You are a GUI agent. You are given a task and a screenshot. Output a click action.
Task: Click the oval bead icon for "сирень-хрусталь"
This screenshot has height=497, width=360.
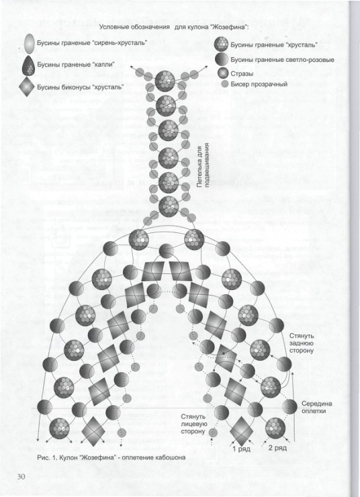pos(30,44)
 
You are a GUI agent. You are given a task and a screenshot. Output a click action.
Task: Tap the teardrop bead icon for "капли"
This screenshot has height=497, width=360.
pos(29,65)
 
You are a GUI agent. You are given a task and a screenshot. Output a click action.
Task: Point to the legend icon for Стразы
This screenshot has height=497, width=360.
pos(223,73)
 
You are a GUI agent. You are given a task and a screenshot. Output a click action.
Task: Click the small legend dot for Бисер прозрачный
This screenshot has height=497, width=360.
pos(225,84)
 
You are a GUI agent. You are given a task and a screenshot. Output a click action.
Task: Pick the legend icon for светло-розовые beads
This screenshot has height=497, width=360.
pos(222,59)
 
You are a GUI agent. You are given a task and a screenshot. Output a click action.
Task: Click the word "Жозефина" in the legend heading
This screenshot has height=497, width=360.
pos(228,27)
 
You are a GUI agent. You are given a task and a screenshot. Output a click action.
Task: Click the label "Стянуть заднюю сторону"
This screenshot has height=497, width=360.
pos(302,343)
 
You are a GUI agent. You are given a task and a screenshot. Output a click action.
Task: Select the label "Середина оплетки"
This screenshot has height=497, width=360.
pos(316,407)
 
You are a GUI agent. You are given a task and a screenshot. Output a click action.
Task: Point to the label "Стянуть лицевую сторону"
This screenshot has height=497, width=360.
pos(194,424)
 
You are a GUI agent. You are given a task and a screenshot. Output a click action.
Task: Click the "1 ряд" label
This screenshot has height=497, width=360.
pos(241,449)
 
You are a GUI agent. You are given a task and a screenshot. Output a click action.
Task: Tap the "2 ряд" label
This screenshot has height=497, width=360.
pos(277,448)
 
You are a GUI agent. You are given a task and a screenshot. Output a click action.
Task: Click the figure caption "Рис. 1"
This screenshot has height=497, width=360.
pos(46,457)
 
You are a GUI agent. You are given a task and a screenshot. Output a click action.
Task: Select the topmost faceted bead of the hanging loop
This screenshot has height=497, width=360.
pos(165,81)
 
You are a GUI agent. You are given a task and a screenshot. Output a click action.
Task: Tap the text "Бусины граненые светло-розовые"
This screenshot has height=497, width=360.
pos(282,60)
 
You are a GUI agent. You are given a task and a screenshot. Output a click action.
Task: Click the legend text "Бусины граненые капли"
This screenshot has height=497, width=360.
pos(76,64)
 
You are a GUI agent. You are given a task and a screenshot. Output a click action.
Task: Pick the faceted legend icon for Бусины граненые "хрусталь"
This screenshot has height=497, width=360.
pos(221,44)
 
